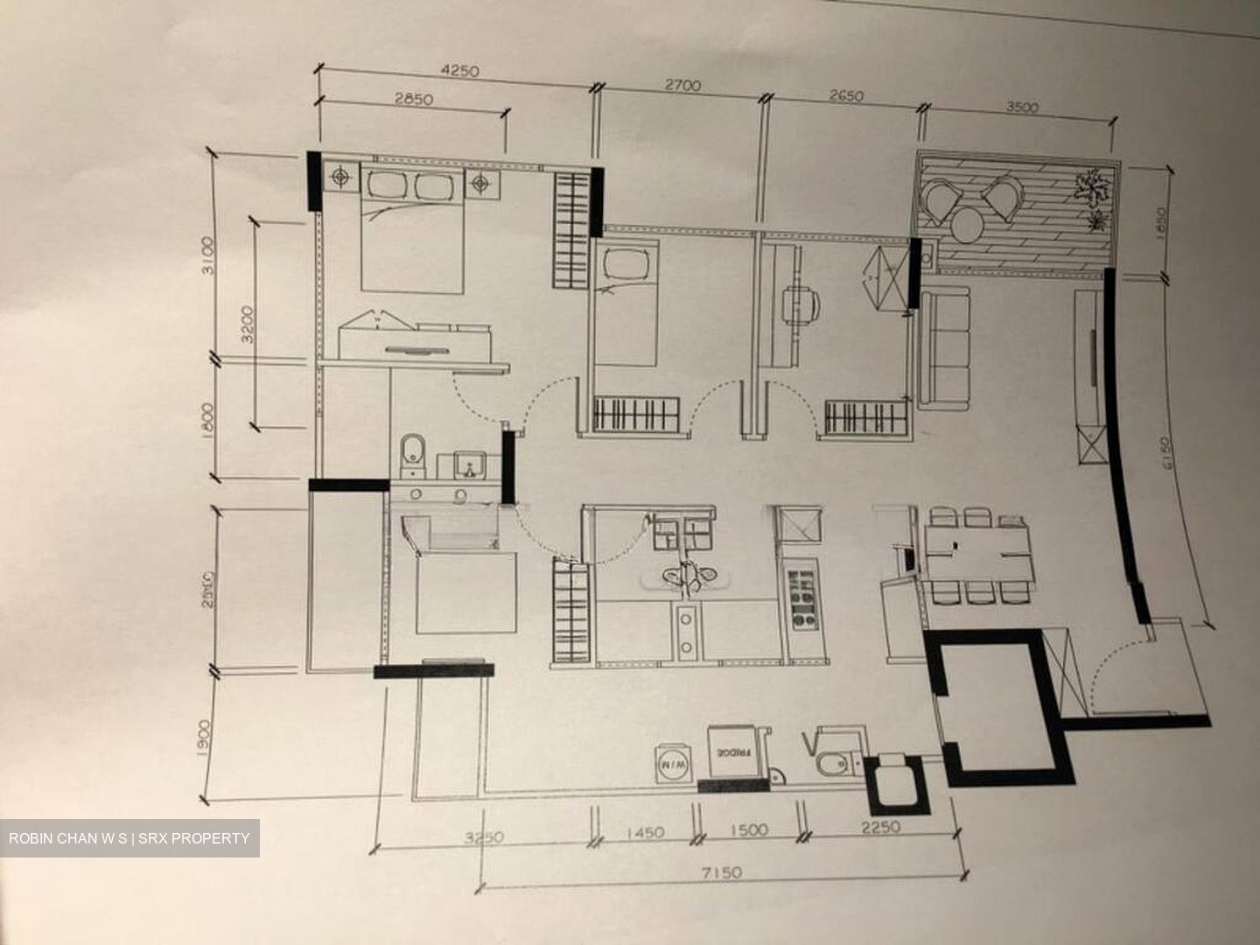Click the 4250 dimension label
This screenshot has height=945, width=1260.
pos(461,71)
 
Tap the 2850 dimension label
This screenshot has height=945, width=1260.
pos(413,99)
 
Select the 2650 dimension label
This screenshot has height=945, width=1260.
pos(844,95)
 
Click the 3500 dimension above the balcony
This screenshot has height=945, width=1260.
pos(1022,108)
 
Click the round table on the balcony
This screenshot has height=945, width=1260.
pos(969,227)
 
